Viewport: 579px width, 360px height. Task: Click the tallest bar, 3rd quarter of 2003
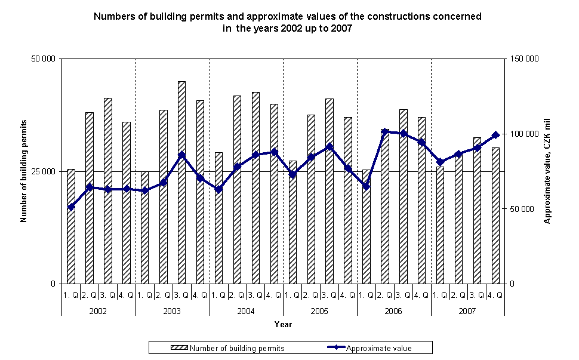pos(181,182)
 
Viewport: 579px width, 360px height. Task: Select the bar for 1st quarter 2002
pos(71,226)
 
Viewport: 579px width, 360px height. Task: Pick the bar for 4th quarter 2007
pos(495,216)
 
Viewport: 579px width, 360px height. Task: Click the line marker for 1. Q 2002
pos(71,207)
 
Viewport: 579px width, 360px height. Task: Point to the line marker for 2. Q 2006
pos(385,131)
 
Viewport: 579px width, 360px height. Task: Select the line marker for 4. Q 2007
pos(495,135)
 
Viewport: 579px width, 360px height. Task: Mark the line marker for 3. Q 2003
pos(181,155)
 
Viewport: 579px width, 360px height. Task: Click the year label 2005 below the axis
pos(319,312)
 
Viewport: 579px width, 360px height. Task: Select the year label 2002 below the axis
pos(98,312)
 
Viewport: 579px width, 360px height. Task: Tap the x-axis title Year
pos(283,325)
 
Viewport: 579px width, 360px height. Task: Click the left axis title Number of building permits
pos(24,171)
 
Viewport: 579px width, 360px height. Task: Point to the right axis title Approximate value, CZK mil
pos(546,171)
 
